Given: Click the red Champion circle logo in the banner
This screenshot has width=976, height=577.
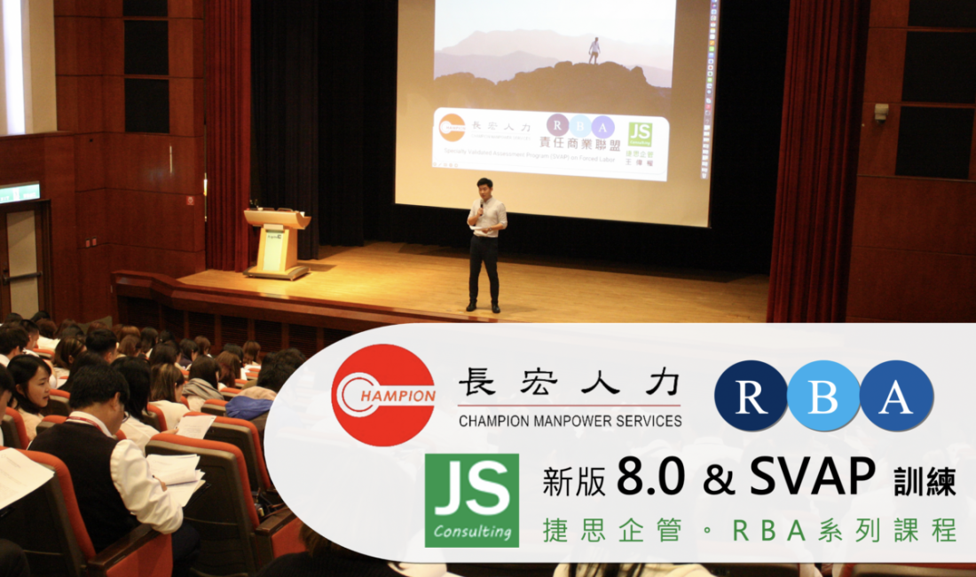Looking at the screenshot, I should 382,395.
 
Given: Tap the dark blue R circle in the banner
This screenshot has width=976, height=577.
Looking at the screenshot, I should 751,396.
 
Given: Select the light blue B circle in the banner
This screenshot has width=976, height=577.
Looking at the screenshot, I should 823,396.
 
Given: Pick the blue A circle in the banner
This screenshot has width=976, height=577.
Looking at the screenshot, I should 896,396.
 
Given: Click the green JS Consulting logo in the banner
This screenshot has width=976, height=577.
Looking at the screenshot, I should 471,500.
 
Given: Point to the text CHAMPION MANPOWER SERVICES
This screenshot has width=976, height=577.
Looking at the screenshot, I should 570,421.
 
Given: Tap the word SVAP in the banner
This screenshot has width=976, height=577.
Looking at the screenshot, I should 812,479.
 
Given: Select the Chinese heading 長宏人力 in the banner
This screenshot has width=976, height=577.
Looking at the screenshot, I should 570,383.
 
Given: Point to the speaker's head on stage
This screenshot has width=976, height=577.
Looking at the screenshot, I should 484,187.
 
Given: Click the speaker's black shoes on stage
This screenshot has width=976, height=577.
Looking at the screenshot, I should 484,307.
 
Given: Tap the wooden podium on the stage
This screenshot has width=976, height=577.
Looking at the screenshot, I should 277,241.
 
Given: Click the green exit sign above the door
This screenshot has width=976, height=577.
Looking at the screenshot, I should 20,193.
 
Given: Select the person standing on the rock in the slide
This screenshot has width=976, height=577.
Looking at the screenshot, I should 594,50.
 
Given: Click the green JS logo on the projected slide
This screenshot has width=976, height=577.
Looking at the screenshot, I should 640,133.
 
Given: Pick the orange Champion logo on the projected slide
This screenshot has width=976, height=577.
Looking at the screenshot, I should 452,127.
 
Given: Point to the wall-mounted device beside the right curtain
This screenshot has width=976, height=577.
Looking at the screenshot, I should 881,112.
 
